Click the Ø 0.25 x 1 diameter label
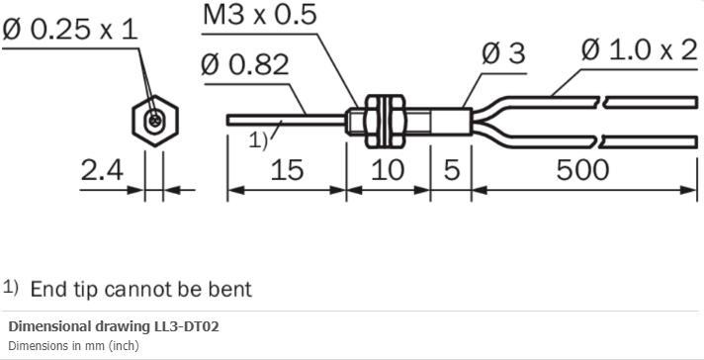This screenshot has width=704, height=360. coord(71,30)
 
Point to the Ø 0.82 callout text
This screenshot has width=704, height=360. coord(244,64)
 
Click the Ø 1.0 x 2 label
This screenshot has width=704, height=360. coord(639,49)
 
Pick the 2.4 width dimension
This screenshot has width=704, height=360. coord(102,170)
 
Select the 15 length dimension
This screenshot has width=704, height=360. coord(286,170)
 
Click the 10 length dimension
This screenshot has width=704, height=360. coord(388,170)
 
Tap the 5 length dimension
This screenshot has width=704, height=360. coord(451,170)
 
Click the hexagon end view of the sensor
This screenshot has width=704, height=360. coord(153,120)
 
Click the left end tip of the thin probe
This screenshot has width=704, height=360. coord(230,120)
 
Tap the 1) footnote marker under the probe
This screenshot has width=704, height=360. coord(258,139)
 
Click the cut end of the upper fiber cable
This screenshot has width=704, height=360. coord(697,100)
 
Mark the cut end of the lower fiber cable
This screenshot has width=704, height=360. coord(697,137)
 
